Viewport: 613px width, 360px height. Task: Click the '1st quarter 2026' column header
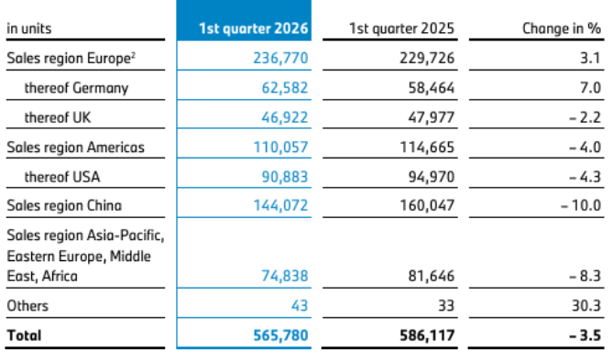pos(253,28)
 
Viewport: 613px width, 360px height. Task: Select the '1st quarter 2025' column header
pos(401,28)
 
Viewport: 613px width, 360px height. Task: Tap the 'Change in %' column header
pos(562,28)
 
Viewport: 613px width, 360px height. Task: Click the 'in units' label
pos(29,28)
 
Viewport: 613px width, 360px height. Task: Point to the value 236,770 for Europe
pos(280,59)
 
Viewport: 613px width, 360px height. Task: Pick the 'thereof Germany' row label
pos(76,88)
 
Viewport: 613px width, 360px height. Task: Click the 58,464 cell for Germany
pos(432,88)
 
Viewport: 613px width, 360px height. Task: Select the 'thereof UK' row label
pos(58,117)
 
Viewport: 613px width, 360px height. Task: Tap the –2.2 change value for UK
pos(585,117)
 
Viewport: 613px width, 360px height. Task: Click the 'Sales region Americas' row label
pos(75,147)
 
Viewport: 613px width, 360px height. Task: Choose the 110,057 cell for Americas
pos(280,147)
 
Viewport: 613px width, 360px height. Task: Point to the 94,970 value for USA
pos(432,177)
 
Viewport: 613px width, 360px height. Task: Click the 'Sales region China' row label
pos(64,205)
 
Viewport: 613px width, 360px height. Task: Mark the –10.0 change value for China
pos(581,205)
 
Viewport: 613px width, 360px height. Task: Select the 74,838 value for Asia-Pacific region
pos(285,277)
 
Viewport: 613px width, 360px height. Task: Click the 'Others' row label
pos(27,306)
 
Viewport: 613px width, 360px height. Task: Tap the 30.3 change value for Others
pos(586,306)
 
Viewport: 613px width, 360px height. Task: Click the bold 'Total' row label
pos(24,336)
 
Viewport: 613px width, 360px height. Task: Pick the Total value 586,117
pos(427,336)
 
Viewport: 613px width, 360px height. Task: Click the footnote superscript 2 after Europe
pos(133,55)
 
